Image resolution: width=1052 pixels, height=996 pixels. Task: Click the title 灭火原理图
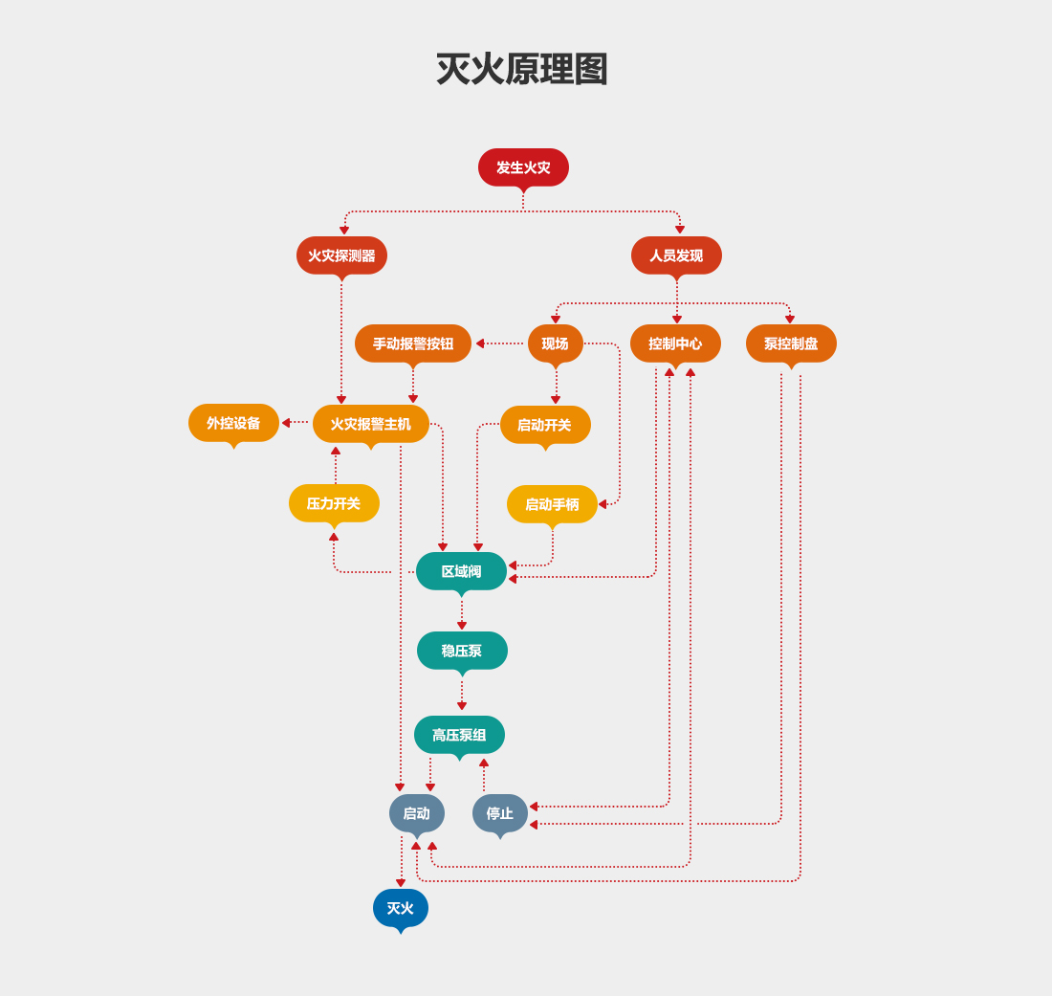point(522,70)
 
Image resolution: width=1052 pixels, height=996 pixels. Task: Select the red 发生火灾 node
point(523,167)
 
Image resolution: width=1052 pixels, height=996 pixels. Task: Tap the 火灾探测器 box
point(341,255)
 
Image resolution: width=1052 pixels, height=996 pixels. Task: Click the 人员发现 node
point(676,255)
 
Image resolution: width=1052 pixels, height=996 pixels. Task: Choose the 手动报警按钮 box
point(413,343)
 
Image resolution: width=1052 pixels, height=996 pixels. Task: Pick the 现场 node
point(555,343)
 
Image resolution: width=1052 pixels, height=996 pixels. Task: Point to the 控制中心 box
point(675,343)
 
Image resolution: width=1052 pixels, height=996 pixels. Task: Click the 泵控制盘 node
point(791,343)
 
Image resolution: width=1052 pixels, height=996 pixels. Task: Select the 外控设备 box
point(233,423)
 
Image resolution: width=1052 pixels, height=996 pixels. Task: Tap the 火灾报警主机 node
point(371,424)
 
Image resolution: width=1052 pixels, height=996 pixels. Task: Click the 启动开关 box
point(545,425)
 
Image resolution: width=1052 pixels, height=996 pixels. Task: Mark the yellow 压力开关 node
point(334,503)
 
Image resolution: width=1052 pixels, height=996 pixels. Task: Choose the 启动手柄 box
point(552,504)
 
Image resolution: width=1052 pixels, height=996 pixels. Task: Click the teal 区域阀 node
point(461,571)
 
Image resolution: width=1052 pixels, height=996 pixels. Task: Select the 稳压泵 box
point(462,651)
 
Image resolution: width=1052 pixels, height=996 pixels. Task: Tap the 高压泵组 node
point(459,735)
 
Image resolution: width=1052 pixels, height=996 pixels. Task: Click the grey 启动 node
point(416,813)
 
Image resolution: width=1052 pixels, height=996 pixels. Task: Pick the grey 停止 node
point(499,813)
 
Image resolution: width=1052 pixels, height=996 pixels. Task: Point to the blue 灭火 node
point(400,908)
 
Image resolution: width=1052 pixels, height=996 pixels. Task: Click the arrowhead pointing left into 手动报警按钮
point(480,343)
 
